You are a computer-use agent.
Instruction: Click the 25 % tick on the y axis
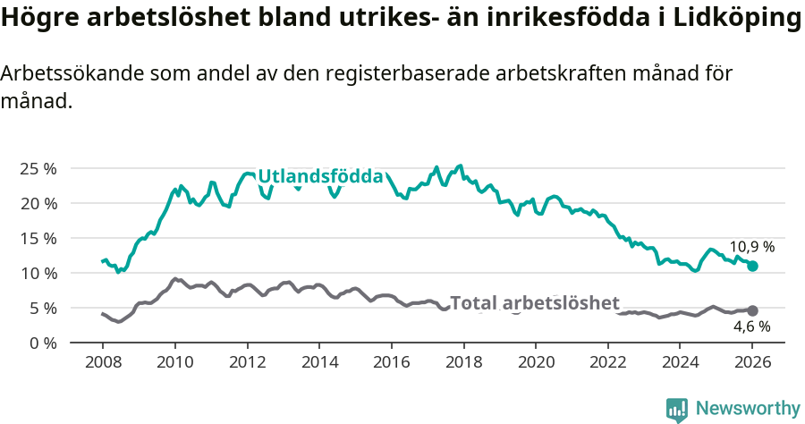[38, 168]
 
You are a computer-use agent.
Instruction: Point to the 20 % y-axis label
[38, 203]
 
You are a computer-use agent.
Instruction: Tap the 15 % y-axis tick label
[38, 238]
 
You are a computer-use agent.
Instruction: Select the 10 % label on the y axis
[38, 273]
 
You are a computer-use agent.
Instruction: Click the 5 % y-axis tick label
[42, 308]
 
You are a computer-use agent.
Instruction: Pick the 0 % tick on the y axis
[42, 343]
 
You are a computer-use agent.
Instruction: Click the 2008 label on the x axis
[102, 364]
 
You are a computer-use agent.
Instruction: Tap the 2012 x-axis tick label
[247, 364]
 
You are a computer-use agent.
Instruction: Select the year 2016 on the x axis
[391, 364]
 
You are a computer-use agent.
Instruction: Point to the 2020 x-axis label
[536, 364]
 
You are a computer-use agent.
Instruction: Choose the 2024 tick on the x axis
[680, 364]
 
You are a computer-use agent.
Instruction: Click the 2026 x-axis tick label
[752, 364]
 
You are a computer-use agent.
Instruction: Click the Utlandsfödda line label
[320, 177]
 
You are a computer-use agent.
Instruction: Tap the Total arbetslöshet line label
[534, 303]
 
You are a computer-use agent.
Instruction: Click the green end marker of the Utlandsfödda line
[752, 266]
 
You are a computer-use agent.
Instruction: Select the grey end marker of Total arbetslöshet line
[752, 310]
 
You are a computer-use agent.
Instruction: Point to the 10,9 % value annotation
[751, 247]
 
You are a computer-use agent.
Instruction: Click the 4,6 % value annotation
[751, 327]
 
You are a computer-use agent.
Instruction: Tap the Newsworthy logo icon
[677, 409]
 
